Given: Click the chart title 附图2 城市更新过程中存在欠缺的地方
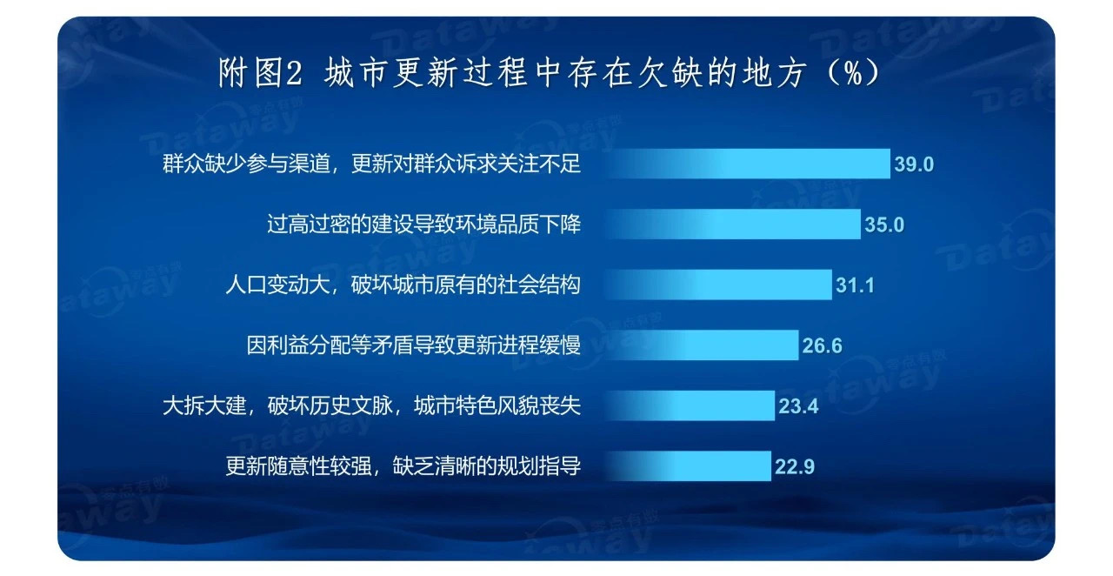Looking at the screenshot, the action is [x=512, y=73].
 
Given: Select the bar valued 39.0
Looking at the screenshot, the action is [x=748, y=164].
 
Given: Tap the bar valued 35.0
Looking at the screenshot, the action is [x=733, y=224].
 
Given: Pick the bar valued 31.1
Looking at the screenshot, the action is [x=718, y=285].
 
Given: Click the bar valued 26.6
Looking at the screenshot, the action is [x=702, y=345].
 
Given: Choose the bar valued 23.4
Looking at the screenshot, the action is [x=690, y=405].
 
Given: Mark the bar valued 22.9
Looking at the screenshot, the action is [x=688, y=466].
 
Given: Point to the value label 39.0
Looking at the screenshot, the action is [x=914, y=164].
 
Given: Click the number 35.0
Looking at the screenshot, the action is [x=884, y=224].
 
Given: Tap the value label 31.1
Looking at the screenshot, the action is [x=855, y=285].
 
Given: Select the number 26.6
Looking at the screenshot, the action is [x=823, y=345].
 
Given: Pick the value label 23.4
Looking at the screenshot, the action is [x=798, y=406].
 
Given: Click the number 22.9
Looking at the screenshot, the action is [x=795, y=466].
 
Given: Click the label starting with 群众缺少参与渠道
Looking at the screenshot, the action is [x=371, y=164].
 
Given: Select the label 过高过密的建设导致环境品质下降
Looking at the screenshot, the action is [x=423, y=224].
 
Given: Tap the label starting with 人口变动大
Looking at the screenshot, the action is [x=403, y=285].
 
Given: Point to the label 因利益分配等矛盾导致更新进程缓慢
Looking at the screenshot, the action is [x=413, y=345].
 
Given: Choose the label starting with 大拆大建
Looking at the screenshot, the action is [x=371, y=405].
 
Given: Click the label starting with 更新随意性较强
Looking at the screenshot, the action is [x=403, y=466].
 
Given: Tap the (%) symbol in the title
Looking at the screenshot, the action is [x=853, y=73].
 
